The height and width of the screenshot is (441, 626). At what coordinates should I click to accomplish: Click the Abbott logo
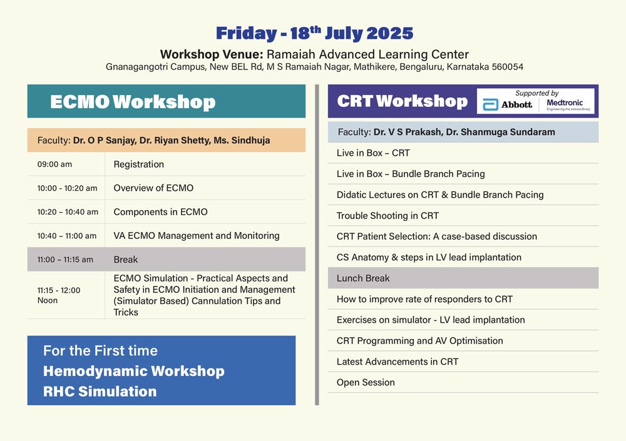(x=508, y=104)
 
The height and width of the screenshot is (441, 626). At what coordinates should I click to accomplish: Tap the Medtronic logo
(x=568, y=104)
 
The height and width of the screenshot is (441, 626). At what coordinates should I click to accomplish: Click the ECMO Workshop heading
(x=133, y=102)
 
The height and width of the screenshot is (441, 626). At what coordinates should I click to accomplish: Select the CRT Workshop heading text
(x=402, y=101)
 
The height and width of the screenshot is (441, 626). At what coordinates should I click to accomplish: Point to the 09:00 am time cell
(x=54, y=164)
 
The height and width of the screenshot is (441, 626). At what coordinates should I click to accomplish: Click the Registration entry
(x=138, y=164)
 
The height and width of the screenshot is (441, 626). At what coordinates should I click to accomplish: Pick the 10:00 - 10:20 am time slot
(x=67, y=188)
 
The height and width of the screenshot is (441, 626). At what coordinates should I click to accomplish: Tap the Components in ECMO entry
(x=160, y=211)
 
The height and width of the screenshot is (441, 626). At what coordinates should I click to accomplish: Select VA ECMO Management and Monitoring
(x=197, y=235)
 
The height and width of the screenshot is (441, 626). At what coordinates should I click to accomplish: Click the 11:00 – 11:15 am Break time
(x=65, y=260)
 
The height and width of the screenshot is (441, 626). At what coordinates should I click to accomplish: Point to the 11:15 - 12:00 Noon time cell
(x=59, y=295)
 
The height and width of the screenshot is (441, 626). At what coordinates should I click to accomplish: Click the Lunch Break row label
(x=363, y=278)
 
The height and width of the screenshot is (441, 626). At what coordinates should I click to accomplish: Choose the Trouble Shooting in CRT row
(x=387, y=216)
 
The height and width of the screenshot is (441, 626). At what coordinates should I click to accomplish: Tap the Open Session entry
(x=366, y=382)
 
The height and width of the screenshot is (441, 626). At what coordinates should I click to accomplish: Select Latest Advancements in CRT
(x=398, y=362)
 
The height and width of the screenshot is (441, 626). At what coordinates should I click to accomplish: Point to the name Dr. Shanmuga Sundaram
(x=500, y=132)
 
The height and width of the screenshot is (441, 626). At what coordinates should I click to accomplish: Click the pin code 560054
(x=508, y=67)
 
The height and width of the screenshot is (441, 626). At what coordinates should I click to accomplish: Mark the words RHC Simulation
(x=100, y=391)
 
